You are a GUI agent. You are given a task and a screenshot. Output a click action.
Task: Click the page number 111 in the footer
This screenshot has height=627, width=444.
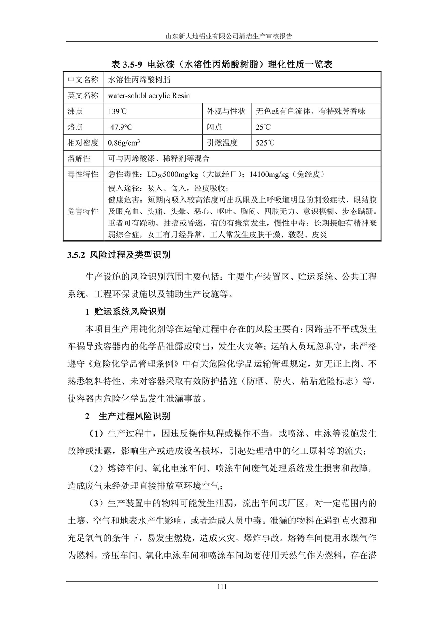tap(222, 586)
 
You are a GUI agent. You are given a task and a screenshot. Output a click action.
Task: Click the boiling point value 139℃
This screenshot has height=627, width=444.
tap(117, 111)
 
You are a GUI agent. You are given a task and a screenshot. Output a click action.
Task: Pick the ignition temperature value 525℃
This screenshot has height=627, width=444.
tap(265, 143)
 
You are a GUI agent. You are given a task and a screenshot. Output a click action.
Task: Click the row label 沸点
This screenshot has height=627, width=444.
tap(75, 111)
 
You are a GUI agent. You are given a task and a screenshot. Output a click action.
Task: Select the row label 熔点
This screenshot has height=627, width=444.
tap(75, 127)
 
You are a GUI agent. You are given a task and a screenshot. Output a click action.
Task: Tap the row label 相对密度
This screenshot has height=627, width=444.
tap(83, 143)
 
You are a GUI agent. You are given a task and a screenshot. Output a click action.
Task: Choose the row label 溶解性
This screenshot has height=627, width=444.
tap(79, 158)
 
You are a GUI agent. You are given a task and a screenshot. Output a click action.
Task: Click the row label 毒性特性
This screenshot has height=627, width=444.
tap(83, 174)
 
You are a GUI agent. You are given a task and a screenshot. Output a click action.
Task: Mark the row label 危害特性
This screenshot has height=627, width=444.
tap(83, 212)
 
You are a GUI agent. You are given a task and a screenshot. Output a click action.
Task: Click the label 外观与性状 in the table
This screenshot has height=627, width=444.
tap(226, 111)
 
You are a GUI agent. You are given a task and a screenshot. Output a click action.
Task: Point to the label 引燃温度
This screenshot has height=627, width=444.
tap(222, 143)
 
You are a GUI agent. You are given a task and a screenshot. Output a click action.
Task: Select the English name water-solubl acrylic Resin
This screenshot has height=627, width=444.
tap(149, 96)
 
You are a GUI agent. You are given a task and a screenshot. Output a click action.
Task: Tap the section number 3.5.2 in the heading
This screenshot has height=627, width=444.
tap(77, 255)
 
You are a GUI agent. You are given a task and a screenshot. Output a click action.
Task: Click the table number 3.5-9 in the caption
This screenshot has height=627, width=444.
tap(134, 65)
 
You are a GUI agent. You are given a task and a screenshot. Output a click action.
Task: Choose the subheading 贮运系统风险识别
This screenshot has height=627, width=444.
tap(130, 312)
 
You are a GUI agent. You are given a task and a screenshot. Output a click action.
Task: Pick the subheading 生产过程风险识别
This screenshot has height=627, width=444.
tap(134, 416)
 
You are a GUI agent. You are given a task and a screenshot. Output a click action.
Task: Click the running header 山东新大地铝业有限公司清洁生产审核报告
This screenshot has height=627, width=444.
tap(222, 36)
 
